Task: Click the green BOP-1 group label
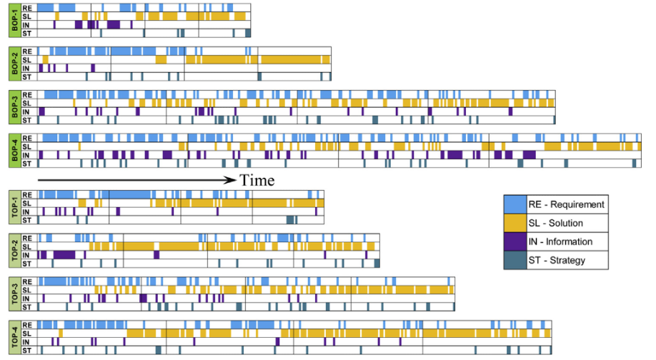click(15, 21)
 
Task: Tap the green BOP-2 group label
click(15, 64)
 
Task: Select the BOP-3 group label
click(15, 107)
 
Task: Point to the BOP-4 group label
click(15, 151)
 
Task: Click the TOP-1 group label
click(15, 207)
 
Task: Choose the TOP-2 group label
click(15, 251)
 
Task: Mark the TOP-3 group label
click(15, 294)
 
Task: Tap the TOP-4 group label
click(15, 337)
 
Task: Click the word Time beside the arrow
click(257, 180)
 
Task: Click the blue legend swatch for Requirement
click(515, 204)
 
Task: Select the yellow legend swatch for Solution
click(515, 223)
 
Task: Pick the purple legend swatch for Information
click(515, 241)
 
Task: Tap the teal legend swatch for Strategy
click(515, 260)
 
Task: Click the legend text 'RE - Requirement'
click(567, 204)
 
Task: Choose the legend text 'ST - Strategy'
click(557, 260)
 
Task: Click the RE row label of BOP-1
click(27, 8)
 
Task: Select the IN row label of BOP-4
click(26, 155)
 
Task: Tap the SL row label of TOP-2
click(26, 246)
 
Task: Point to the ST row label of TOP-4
click(26, 351)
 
